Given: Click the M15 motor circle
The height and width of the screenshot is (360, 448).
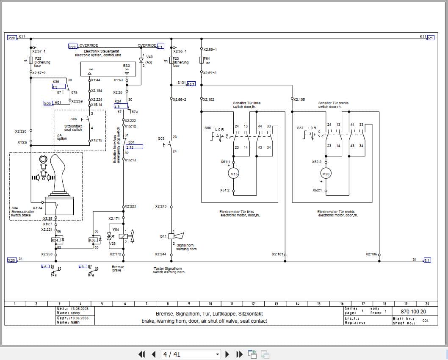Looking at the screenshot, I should point(233,174).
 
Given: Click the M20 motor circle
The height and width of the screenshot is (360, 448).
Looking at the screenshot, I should point(326,174).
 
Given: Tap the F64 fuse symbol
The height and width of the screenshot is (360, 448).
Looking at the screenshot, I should point(202,60).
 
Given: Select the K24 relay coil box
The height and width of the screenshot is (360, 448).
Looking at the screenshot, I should point(55,240).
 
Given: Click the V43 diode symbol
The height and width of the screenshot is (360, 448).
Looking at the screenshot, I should point(141,60).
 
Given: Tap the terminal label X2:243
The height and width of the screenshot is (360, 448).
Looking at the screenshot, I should point(160,206).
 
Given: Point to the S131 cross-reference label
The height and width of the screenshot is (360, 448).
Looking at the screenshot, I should point(182,83).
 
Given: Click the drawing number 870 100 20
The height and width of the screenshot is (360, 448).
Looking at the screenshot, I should point(406,311).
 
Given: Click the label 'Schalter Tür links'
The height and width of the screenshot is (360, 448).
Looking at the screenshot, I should point(246,103).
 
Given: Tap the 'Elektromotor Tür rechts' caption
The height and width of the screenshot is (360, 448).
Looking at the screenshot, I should point(336,211).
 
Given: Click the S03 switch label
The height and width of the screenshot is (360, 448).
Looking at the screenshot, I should point(161,138).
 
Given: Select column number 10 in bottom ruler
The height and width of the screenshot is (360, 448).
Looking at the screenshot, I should point(210,304).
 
